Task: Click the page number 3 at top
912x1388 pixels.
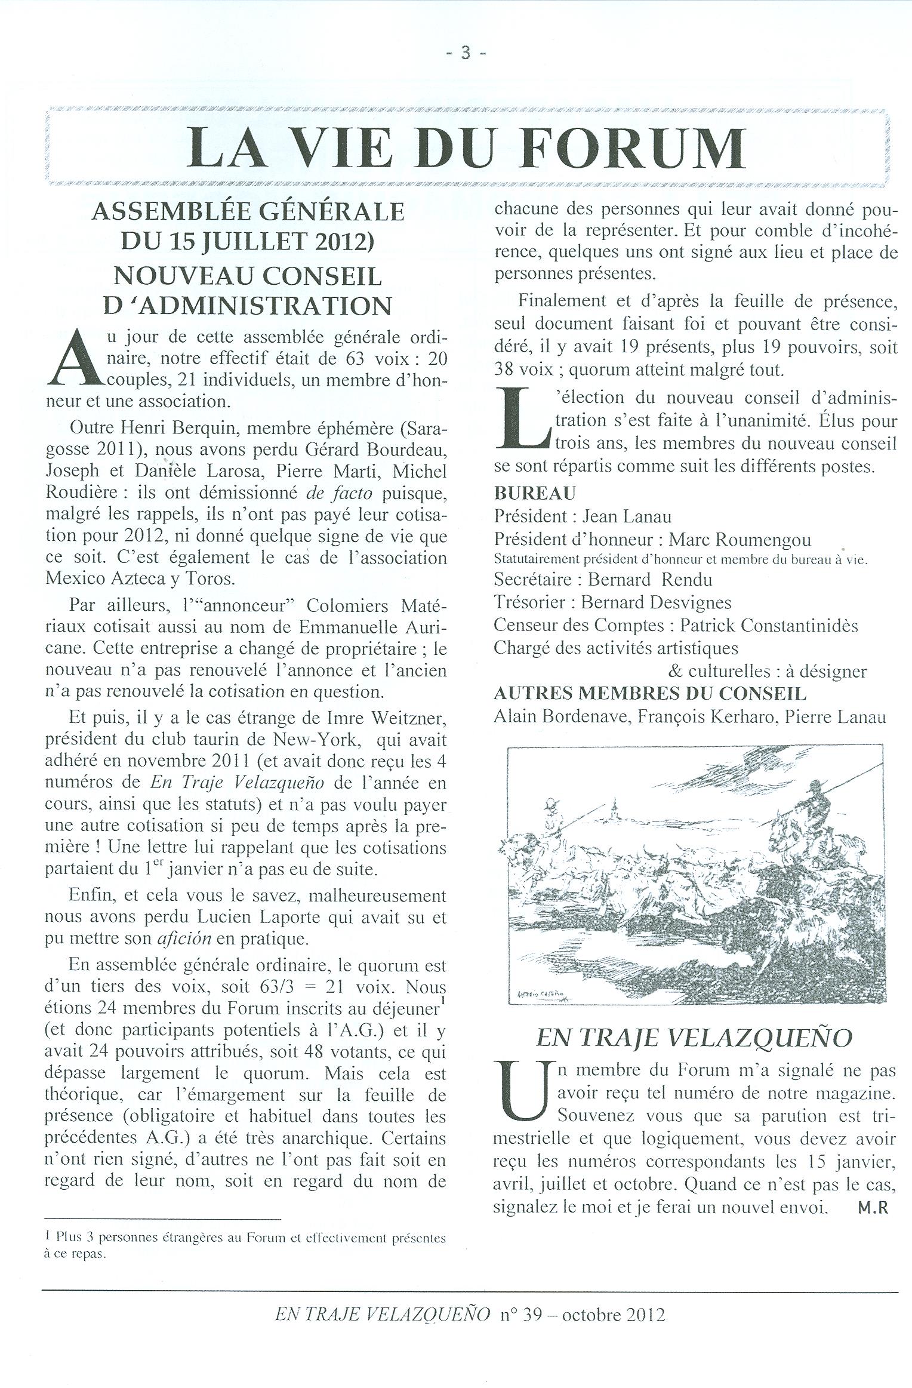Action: [466, 54]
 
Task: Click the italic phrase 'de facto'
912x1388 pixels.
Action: [338, 493]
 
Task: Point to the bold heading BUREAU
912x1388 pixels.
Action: [535, 493]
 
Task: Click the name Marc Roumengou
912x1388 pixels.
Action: [740, 540]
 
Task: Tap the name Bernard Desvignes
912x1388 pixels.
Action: [656, 603]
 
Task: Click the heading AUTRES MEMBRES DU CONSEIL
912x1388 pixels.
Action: [650, 693]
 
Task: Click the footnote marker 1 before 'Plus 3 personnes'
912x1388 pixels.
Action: [47, 1239]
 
